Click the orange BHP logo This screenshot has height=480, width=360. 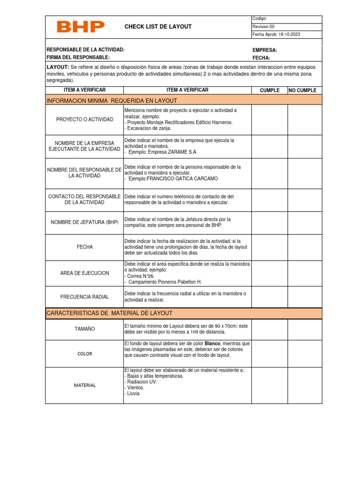(x=81, y=27)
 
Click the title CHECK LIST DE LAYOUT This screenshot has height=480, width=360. (x=158, y=27)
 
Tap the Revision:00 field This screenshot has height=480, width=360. (x=263, y=27)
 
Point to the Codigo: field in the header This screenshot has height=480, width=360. (x=260, y=18)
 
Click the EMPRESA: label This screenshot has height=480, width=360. (x=264, y=50)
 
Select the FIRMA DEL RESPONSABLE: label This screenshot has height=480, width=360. (x=78, y=58)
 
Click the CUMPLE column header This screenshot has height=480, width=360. (x=270, y=90)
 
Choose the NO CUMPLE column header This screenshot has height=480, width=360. (x=302, y=90)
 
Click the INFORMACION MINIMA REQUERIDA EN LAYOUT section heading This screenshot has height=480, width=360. (x=112, y=101)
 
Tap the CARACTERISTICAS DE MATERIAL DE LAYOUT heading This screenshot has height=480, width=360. (x=109, y=313)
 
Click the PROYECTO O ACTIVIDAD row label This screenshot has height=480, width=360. (x=84, y=120)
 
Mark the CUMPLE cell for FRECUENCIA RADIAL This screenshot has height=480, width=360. (x=270, y=297)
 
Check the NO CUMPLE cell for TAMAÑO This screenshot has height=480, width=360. (x=305, y=329)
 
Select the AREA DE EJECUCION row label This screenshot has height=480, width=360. (x=84, y=273)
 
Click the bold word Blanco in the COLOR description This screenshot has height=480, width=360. (x=213, y=344)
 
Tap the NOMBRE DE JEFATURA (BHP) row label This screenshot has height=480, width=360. (x=84, y=222)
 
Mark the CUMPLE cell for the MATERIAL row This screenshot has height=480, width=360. (x=270, y=385)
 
